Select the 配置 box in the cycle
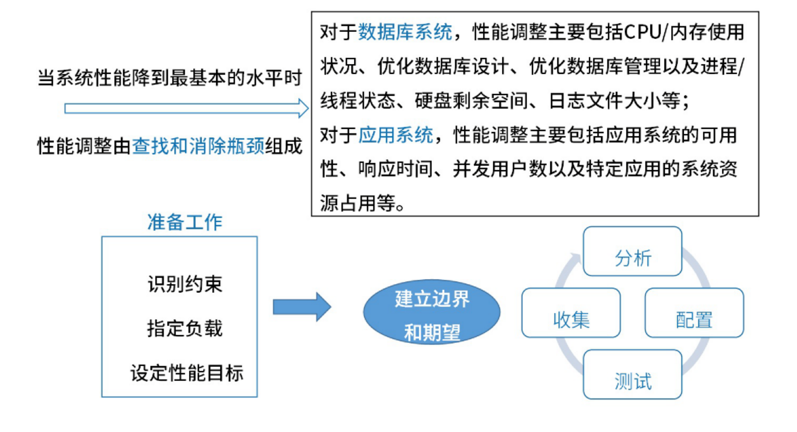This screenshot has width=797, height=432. (694, 313)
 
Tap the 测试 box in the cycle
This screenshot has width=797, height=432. (632, 375)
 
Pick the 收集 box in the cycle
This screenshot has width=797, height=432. (571, 313)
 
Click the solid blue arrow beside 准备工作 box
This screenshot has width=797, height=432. (302, 307)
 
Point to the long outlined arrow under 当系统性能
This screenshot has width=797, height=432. (186, 109)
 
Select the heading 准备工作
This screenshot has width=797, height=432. (185, 222)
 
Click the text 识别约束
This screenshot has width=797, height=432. (185, 284)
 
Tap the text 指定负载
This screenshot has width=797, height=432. (185, 329)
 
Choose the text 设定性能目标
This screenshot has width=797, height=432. (187, 373)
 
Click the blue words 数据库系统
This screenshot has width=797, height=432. (405, 32)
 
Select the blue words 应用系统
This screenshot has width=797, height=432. (396, 135)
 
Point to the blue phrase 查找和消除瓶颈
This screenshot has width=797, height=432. (198, 146)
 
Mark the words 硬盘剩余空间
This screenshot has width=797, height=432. (471, 101)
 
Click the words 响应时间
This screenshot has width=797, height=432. (396, 169)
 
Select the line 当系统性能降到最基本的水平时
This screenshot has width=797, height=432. (170, 78)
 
